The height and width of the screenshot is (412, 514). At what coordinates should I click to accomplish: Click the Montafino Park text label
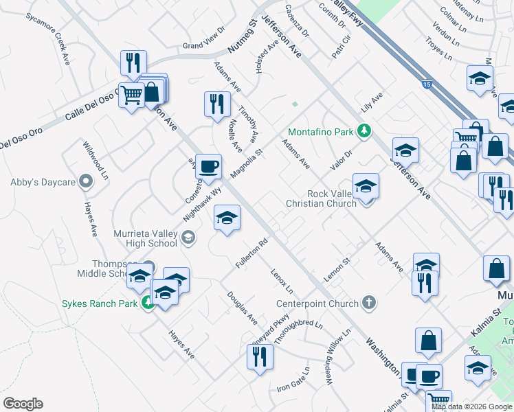click(x=320, y=131)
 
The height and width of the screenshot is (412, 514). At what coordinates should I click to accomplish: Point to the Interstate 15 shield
click(x=427, y=84)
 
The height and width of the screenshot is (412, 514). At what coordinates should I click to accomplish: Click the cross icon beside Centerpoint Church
click(x=369, y=303)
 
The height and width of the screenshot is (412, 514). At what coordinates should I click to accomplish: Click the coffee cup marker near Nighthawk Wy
click(x=208, y=165)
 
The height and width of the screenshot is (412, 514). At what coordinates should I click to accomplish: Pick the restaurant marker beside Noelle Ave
click(x=217, y=104)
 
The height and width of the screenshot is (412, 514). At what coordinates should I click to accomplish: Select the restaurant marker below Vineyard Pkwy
click(x=260, y=356)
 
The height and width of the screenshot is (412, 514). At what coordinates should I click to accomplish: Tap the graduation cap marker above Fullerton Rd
click(x=227, y=218)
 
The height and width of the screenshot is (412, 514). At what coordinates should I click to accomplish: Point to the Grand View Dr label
click(x=203, y=41)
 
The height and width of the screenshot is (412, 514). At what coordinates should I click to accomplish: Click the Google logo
click(x=23, y=404)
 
